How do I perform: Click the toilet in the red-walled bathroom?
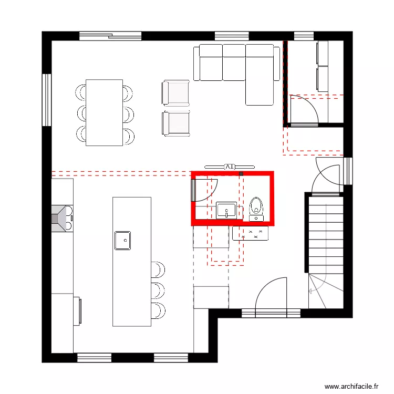pyautogui.click(x=256, y=205)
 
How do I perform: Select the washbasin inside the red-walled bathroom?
pyautogui.click(x=226, y=210)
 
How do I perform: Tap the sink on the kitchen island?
pyautogui.click(x=123, y=240)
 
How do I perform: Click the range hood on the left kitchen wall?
pyautogui.click(x=62, y=217)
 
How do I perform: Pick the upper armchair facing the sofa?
pyautogui.click(x=175, y=93)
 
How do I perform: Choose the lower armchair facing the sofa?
pyautogui.click(x=175, y=123)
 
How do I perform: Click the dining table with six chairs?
pyautogui.click(x=104, y=112)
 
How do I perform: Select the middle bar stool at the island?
pyautogui.click(x=158, y=289)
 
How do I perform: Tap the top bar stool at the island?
pyautogui.click(x=158, y=269)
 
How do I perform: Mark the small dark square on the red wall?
pyautogui.click(x=241, y=173)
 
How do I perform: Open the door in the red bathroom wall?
pyautogui.click(x=193, y=189)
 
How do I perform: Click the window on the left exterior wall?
pyautogui.click(x=47, y=100)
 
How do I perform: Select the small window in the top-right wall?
pyautogui.click(x=303, y=36)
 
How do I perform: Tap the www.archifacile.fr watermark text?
pyautogui.click(x=351, y=386)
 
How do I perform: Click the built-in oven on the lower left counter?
pyautogui.click(x=80, y=310)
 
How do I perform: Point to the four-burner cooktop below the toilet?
pyautogui.click(x=254, y=234)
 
